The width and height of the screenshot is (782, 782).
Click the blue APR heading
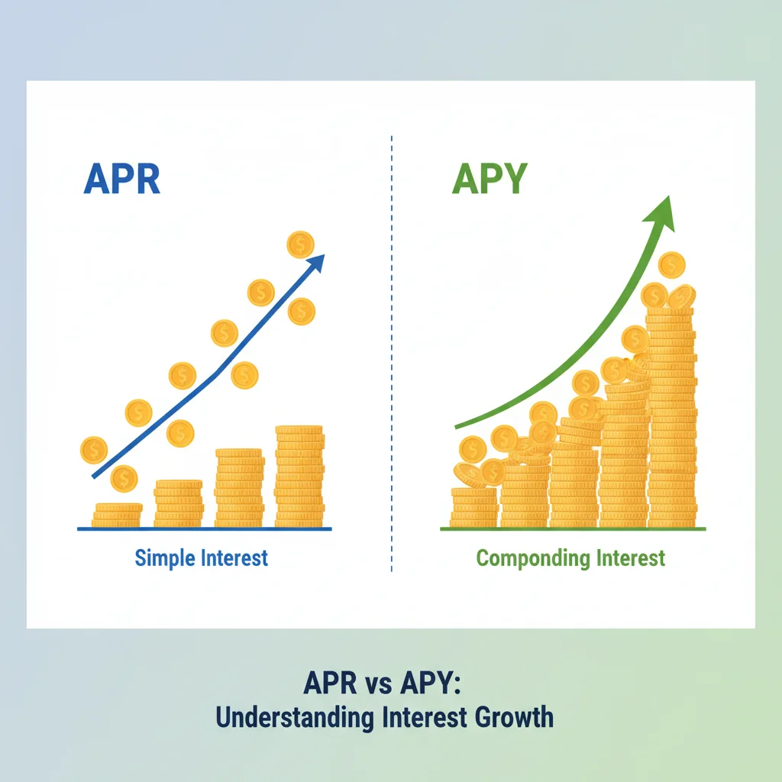pos(122,179)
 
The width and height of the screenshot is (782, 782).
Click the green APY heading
pos(490,179)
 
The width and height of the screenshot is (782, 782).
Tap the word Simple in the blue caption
pos(160,558)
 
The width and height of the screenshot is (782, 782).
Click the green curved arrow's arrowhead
pos(661,214)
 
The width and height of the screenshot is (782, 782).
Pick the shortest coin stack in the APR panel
pos(117,515)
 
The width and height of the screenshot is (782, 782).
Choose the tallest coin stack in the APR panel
pos(299,477)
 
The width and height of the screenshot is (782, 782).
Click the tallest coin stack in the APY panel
pos(671,417)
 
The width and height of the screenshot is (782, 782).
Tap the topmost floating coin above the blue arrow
pos(300,244)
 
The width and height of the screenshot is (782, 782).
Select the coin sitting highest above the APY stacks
pos(672,265)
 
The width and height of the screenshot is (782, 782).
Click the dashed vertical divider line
pos(392,353)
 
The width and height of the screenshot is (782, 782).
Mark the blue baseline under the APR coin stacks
pos(205,528)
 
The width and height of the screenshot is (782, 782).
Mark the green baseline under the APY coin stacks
pos(573,528)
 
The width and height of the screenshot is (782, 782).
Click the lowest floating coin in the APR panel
pos(124,478)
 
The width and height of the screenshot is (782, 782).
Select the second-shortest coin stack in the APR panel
pos(179,504)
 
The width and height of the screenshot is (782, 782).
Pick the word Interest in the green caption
pos(631,558)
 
